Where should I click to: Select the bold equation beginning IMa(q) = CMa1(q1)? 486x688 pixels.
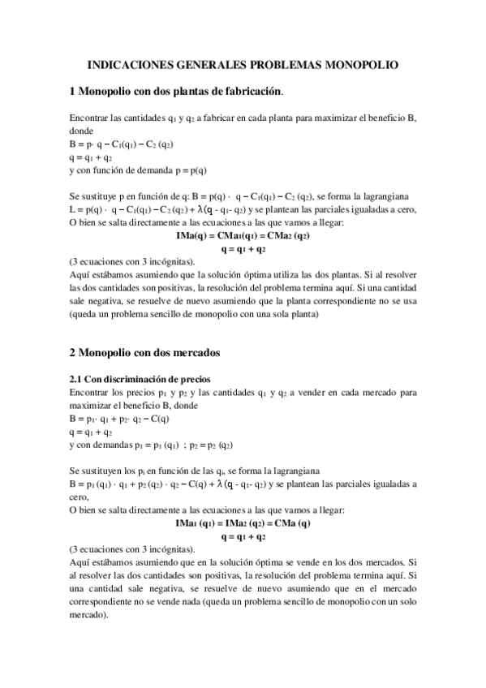(243, 236)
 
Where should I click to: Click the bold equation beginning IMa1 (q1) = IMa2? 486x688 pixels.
(243, 524)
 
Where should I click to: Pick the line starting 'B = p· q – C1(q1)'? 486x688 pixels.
(122, 144)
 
